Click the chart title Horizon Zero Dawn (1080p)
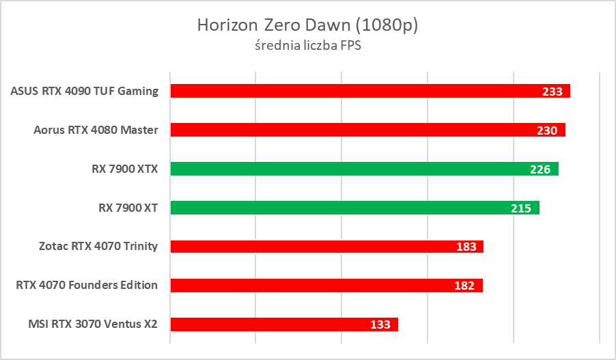[x=307, y=25]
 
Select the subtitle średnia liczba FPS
[x=307, y=46]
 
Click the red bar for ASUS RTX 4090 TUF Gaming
[x=355, y=91]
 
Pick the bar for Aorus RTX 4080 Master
[x=355, y=130]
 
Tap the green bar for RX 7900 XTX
[x=355, y=169]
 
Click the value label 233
[x=552, y=92]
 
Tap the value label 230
[x=547, y=130]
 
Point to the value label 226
[x=540, y=169]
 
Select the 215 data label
[x=521, y=208]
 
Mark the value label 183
[x=466, y=247]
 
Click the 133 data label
[x=380, y=325]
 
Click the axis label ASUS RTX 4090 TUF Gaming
[x=85, y=91]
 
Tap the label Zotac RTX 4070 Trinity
[x=99, y=247]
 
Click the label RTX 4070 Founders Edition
[x=87, y=286]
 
